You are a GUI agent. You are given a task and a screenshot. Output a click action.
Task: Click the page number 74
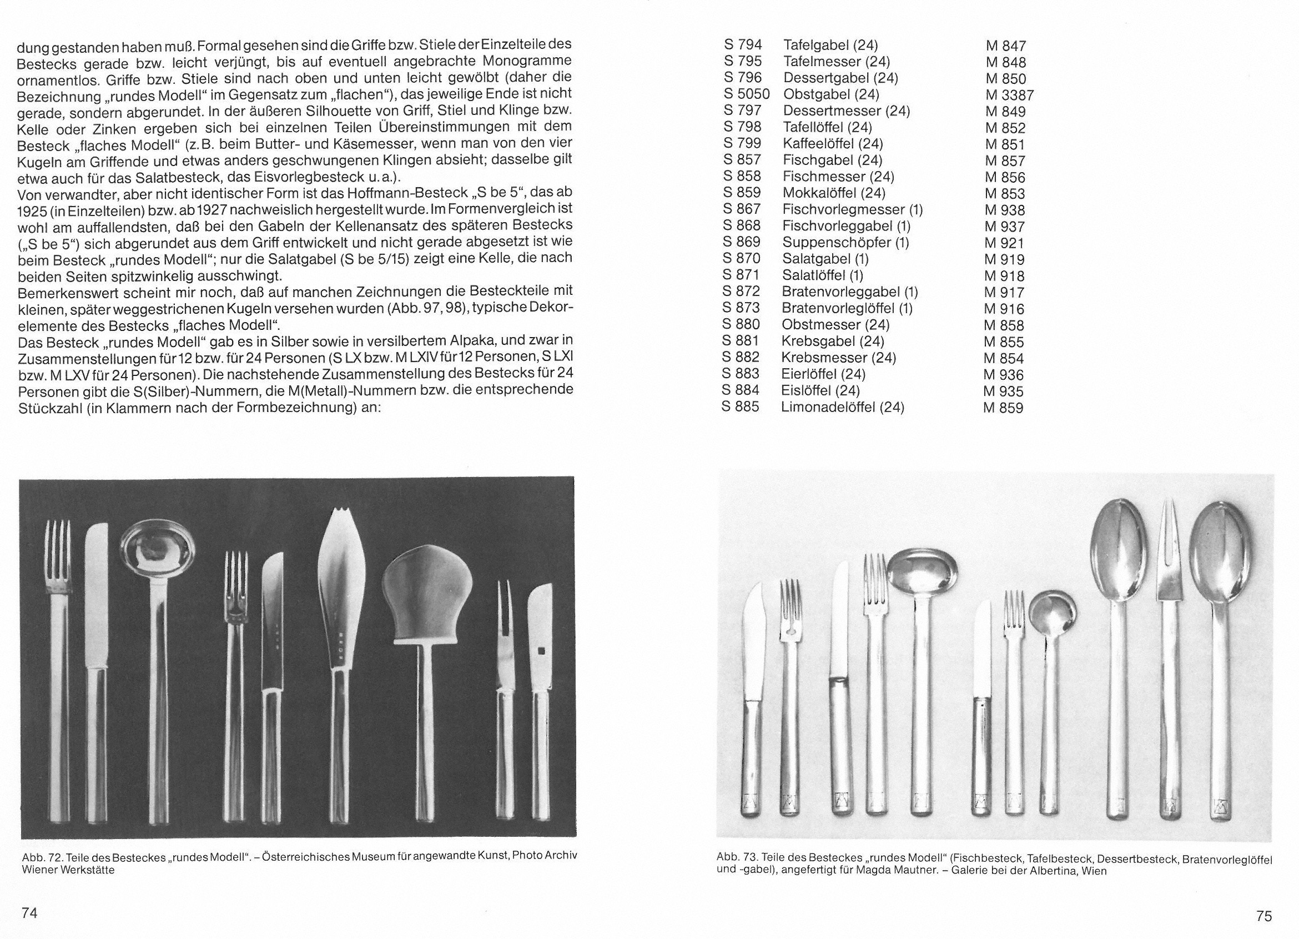29,913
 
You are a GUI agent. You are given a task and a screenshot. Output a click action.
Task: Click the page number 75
1263,916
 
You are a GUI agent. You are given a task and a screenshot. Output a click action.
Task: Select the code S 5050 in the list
746,94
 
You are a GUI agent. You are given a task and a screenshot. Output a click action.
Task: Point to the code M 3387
1009,95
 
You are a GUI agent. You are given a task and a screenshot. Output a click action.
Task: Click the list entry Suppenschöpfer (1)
845,242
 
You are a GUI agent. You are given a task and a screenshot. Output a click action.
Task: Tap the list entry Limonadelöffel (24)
842,408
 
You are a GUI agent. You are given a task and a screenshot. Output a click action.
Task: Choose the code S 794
743,44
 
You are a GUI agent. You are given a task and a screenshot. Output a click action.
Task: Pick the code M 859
1003,408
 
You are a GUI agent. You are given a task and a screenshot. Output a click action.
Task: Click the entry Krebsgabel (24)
832,342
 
